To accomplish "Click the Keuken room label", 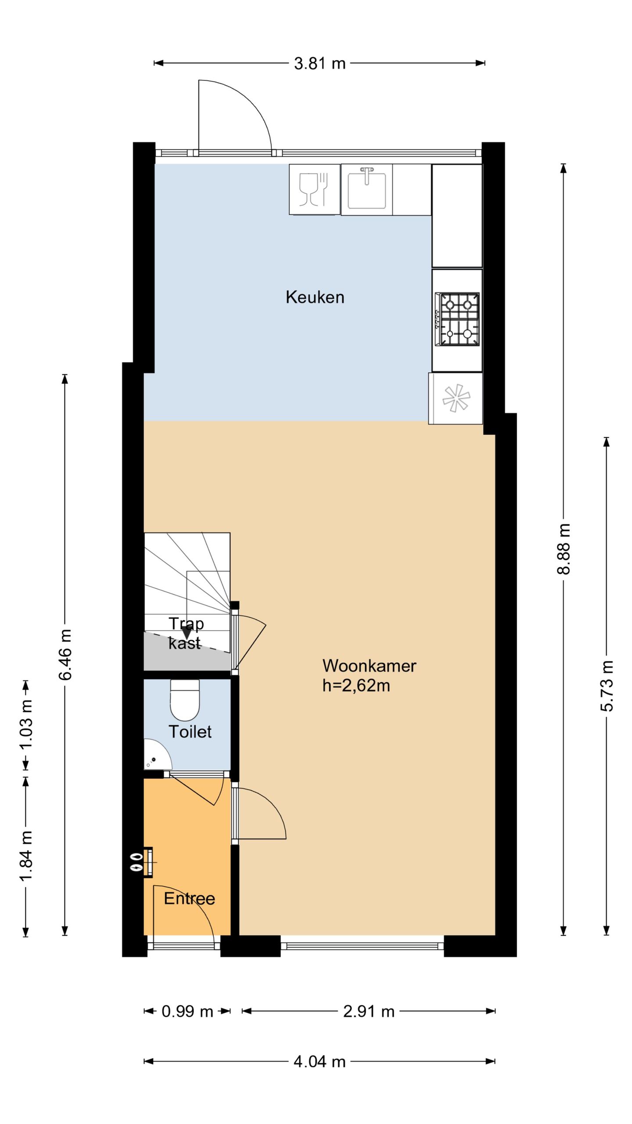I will tap(315, 297).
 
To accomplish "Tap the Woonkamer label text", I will tap(369, 666).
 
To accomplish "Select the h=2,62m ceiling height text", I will tap(356, 685).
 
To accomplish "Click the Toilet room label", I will tap(190, 731).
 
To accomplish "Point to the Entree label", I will tap(189, 898).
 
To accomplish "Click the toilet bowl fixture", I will tap(185, 701).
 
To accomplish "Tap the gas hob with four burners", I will tap(457, 319).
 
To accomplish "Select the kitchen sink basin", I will tap(367, 190).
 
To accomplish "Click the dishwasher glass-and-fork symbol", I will tap(314, 189).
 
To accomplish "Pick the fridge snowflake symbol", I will tap(456, 398).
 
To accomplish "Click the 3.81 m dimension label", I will tap(320, 64).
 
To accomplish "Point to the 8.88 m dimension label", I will tap(564, 549).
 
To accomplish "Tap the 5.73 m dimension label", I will tap(607, 685).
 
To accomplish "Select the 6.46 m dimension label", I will tap(65, 654).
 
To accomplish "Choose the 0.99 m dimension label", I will tap(187, 1012).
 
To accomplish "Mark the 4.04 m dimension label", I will tap(320, 1062).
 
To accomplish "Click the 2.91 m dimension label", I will tap(369, 1012).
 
